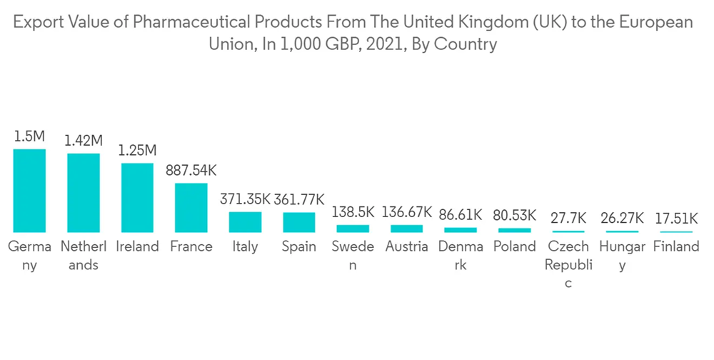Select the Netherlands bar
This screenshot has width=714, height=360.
coord(84,192)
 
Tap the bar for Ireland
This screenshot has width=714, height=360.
coord(137,197)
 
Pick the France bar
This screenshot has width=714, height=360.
coord(191,207)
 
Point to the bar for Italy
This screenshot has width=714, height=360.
coord(245,221)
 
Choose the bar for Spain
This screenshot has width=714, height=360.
coord(298,221)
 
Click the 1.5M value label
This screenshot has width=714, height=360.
coord(30,136)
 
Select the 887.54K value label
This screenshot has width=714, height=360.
coord(191,171)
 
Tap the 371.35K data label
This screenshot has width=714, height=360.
coord(245,199)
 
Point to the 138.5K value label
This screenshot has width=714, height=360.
coord(353,212)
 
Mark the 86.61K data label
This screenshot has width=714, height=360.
coord(461,214)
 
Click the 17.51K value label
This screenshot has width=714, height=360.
coord(676,219)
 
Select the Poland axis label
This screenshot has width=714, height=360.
coord(514,246)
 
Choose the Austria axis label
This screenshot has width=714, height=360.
coord(406,246)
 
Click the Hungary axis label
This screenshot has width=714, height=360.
coord(622,256)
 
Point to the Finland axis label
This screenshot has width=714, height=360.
coord(676,246)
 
